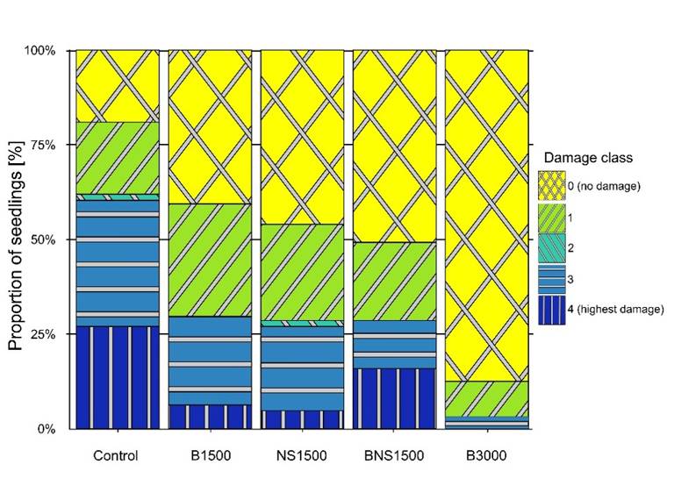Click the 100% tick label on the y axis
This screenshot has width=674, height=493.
[40, 51]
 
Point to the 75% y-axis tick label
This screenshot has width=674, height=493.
[43, 146]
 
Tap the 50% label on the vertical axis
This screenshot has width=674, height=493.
[43, 239]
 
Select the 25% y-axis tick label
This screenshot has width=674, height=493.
[43, 334]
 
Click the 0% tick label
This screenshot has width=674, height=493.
[47, 429]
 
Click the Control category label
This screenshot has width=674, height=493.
[116, 455]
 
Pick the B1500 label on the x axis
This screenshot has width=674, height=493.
[211, 455]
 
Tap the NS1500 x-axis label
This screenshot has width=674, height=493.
[302, 455]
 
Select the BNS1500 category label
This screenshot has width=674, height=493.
[394, 455]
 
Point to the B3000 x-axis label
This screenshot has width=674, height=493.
[486, 455]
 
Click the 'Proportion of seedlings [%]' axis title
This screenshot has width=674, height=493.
[16, 246]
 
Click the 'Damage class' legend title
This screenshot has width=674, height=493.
[588, 158]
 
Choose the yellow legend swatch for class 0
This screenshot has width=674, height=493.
[551, 186]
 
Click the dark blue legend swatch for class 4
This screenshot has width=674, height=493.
[551, 310]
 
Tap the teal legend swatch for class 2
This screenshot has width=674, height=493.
[551, 248]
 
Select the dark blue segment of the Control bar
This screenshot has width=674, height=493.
[118, 378]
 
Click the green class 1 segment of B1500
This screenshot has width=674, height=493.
[210, 260]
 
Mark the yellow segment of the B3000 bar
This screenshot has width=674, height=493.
[486, 216]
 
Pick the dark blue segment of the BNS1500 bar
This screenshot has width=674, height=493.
[394, 399]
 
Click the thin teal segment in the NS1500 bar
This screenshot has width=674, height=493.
[302, 323]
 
